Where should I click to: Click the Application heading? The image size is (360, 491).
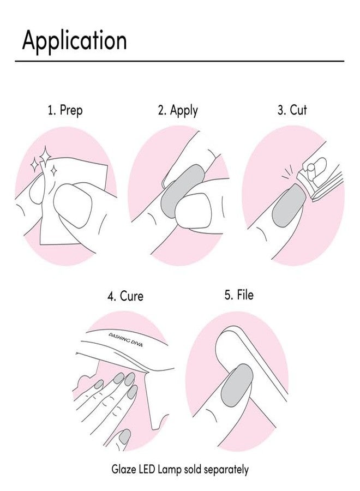point(74,41)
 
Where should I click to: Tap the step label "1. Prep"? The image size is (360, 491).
point(65,110)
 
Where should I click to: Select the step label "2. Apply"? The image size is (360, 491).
point(178,110)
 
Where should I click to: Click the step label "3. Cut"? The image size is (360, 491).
point(292,110)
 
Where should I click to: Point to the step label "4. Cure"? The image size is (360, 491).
point(125,296)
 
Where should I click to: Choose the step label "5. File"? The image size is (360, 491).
point(239,295)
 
